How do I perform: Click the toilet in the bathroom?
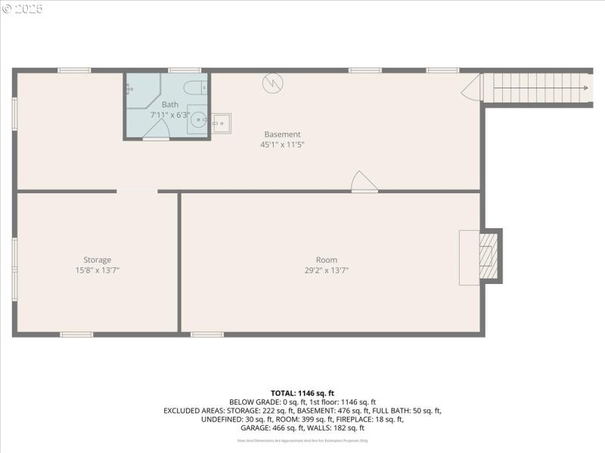[194, 86]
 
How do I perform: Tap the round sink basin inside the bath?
[199, 119]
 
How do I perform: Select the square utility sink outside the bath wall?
[222, 122]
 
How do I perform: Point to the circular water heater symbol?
[271, 82]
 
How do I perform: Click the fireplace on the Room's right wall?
[489, 257]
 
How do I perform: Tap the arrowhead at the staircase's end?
[585, 88]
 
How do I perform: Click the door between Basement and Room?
[363, 183]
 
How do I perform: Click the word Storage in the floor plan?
[97, 260]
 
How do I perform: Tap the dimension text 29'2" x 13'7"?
[327, 270]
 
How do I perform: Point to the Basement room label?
[282, 134]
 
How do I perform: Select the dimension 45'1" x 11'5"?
[282, 144]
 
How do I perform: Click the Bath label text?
[170, 104]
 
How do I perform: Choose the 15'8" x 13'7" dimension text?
[97, 270]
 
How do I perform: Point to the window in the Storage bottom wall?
[76, 334]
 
